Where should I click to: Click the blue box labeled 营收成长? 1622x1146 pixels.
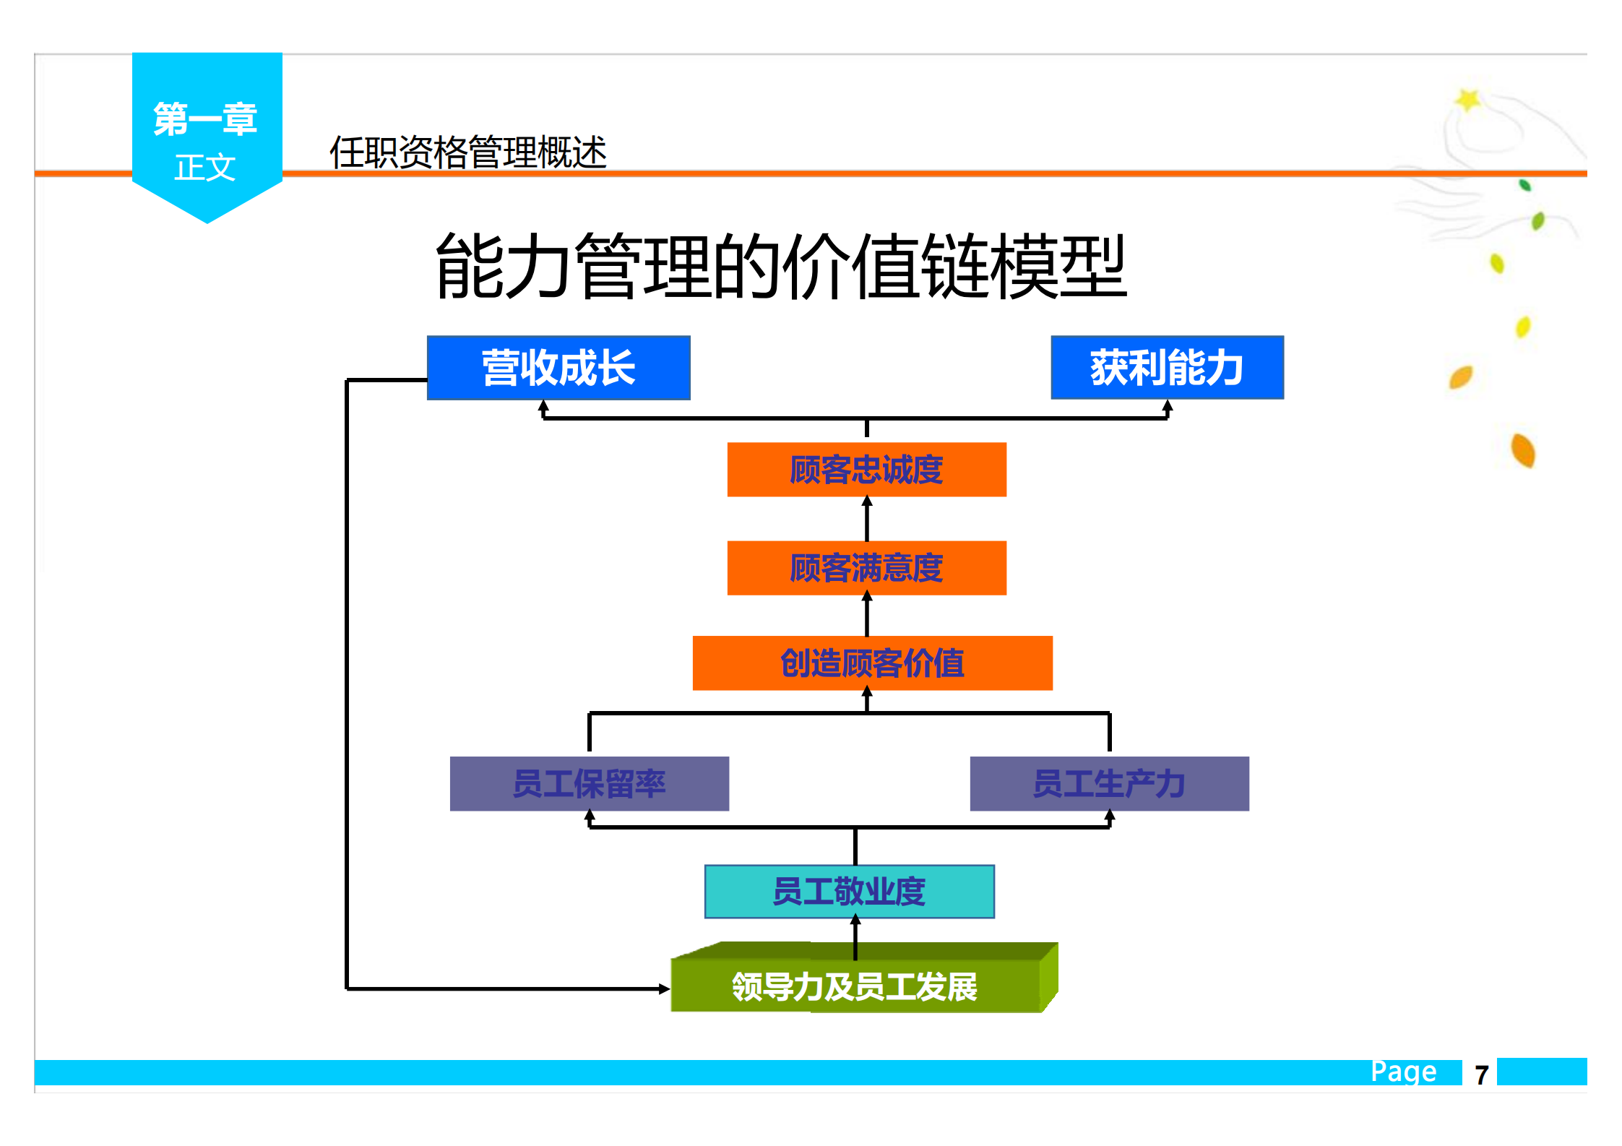tap(558, 368)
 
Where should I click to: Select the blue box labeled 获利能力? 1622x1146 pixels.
tap(1167, 368)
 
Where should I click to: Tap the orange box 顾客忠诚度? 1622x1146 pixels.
tap(866, 470)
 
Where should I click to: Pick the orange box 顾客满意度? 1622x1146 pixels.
tap(866, 568)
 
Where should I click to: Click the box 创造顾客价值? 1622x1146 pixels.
tap(872, 663)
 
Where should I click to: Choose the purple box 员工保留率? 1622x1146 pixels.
tap(589, 784)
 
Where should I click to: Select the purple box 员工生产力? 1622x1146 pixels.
tap(1109, 784)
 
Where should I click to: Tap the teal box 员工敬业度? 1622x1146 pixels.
tap(849, 892)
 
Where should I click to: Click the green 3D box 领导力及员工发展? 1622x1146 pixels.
tap(855, 986)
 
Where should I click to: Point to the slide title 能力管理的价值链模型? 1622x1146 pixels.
tap(780, 266)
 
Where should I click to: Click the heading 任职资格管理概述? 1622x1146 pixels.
tap(467, 152)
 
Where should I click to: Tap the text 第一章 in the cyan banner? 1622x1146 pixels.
tap(206, 119)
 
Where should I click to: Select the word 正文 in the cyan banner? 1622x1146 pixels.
tap(205, 168)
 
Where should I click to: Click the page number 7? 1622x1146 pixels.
tap(1481, 1075)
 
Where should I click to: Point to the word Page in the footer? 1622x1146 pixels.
tap(1403, 1071)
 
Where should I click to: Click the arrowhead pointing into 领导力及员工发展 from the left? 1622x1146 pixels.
tap(664, 988)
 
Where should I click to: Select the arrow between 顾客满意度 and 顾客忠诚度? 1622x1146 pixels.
tap(867, 518)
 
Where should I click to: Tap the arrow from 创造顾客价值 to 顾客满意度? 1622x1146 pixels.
tap(867, 615)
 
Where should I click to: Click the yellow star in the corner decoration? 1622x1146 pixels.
tap(1467, 100)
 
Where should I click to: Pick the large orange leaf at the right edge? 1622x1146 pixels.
tap(1523, 450)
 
